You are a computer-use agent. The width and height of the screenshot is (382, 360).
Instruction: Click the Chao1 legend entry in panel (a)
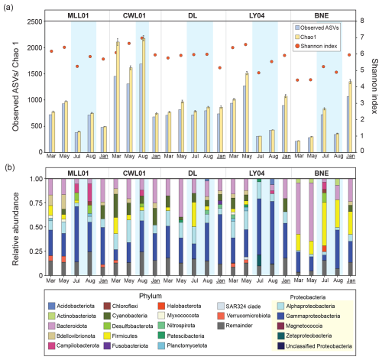click(306, 37)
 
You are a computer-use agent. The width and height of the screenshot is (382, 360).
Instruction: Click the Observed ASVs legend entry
click(317, 28)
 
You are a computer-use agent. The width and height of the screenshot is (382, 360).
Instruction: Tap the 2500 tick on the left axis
click(34, 21)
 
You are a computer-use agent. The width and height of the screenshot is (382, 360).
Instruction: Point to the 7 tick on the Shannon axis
click(362, 37)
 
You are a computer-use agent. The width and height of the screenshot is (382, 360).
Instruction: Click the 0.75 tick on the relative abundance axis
click(36, 203)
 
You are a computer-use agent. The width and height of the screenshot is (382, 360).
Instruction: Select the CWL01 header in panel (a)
click(134, 15)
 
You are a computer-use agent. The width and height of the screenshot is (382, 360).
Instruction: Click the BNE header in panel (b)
click(322, 174)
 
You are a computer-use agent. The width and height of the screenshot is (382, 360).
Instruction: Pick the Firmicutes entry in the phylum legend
click(121, 336)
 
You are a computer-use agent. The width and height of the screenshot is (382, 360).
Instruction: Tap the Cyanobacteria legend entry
click(125, 316)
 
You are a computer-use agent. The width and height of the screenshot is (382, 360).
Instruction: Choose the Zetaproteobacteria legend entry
click(305, 336)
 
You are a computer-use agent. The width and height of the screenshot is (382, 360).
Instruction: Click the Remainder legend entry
click(235, 326)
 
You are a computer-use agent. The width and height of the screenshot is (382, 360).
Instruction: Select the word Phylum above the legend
click(151, 296)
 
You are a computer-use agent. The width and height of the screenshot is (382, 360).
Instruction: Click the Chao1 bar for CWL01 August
click(144, 95)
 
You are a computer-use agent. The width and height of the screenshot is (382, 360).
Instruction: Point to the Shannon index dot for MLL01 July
click(77, 66)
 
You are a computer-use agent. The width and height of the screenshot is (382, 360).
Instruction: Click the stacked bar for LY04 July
click(259, 227)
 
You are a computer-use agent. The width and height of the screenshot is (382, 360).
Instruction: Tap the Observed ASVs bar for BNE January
click(348, 124)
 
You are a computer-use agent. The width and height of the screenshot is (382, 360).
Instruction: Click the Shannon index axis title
click(374, 86)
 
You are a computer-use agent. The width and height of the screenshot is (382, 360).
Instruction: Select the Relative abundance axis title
click(16, 229)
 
